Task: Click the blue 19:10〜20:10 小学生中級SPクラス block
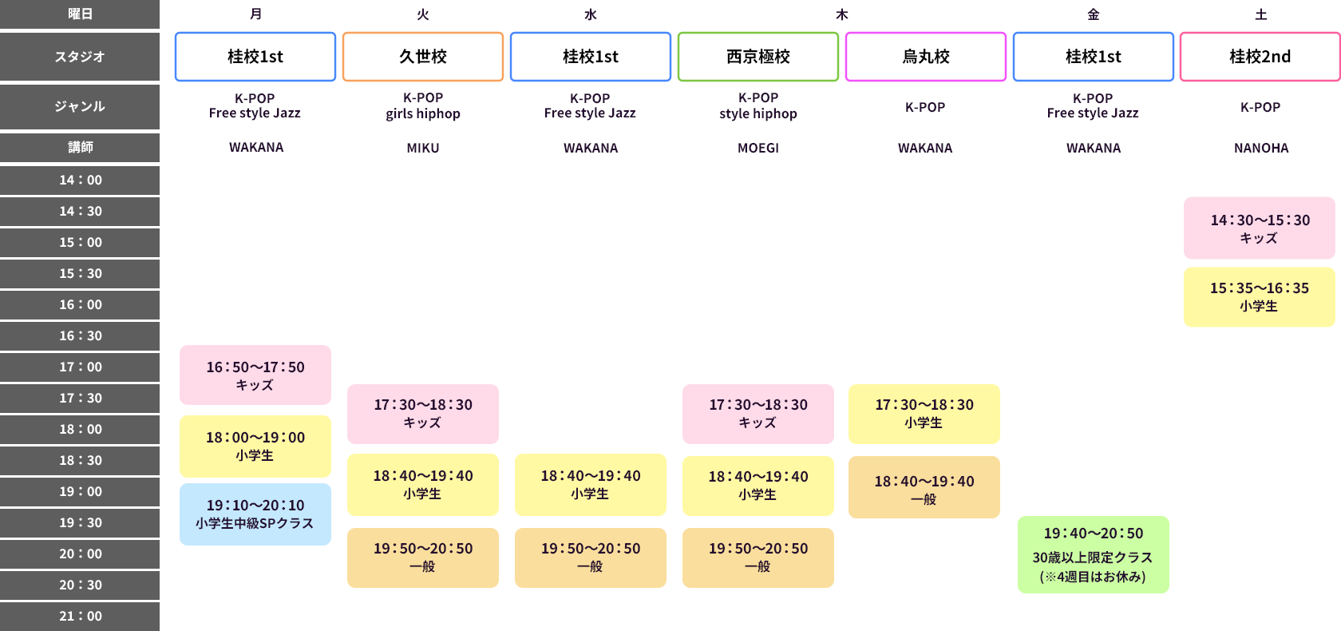pyautogui.click(x=255, y=514)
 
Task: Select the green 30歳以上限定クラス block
pyautogui.click(x=1093, y=554)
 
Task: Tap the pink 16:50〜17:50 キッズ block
pyautogui.click(x=255, y=375)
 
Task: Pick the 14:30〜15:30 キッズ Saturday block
pyautogui.click(x=1259, y=228)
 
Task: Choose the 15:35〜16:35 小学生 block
pyautogui.click(x=1259, y=296)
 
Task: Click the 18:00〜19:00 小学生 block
pyautogui.click(x=255, y=446)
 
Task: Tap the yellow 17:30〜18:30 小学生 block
pyautogui.click(x=924, y=414)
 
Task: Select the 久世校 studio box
pyautogui.click(x=423, y=57)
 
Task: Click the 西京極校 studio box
pyautogui.click(x=758, y=57)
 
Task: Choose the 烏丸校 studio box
pyautogui.click(x=926, y=57)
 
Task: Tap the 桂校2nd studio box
pyautogui.click(x=1260, y=57)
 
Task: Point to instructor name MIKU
pyautogui.click(x=423, y=148)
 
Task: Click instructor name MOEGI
pyautogui.click(x=758, y=148)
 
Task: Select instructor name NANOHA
pyautogui.click(x=1261, y=148)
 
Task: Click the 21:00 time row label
pyautogui.click(x=80, y=616)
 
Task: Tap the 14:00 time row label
pyautogui.click(x=80, y=180)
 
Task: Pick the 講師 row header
pyautogui.click(x=80, y=147)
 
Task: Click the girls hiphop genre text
pyautogui.click(x=423, y=113)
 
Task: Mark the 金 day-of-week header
pyautogui.click(x=1094, y=14)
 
